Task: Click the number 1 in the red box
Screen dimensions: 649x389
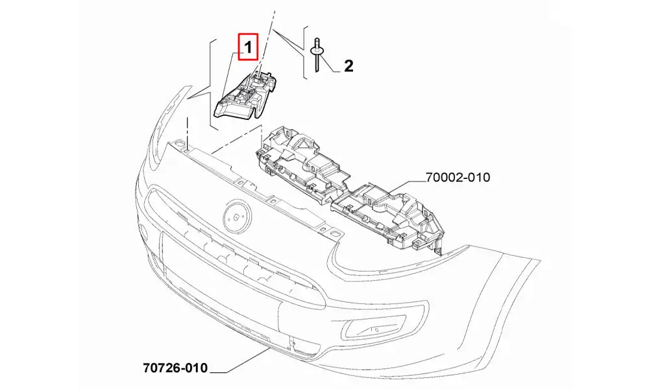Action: pos(248,47)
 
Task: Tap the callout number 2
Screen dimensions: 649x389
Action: pos(349,65)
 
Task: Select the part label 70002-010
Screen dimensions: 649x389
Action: pos(458,178)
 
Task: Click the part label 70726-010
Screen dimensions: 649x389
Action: pos(175,367)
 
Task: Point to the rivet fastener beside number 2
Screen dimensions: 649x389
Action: pos(316,55)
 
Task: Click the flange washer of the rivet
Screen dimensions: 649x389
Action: pos(316,51)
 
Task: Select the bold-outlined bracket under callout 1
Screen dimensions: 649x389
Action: pos(245,96)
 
